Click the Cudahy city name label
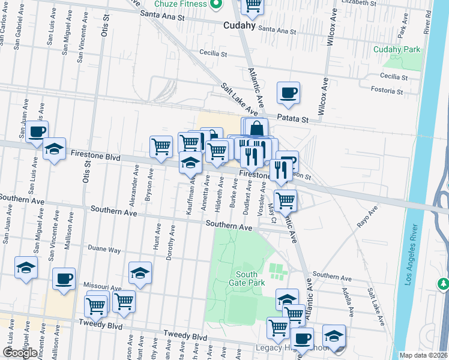coord(239,26)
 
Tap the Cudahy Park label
coord(397,49)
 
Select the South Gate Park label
coord(247,278)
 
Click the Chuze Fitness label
coord(180,4)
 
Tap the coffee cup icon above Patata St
coord(288,92)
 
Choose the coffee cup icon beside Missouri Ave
coord(64,278)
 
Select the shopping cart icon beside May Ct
coord(285,200)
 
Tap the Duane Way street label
coord(104,250)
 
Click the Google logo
coord(20,353)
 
